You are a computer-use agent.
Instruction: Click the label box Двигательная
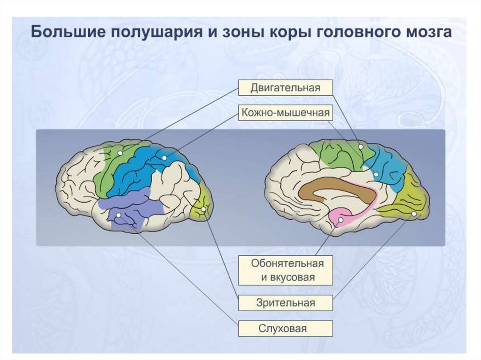point(285,88)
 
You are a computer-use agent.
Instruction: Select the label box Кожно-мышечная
point(285,113)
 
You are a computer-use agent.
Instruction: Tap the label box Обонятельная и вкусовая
point(285,270)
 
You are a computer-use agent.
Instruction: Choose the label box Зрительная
point(285,303)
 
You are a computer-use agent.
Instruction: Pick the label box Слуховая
point(285,328)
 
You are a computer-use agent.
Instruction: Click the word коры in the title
point(290,33)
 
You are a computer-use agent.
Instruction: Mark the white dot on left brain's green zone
point(120,153)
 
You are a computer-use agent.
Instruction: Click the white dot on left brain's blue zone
point(164,158)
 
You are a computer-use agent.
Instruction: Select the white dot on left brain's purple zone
point(118,215)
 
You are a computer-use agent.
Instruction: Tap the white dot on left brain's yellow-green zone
point(203,209)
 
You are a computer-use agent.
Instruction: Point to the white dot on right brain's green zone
point(361,147)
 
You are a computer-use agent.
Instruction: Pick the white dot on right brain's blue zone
point(376,175)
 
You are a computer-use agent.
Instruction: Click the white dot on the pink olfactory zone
point(341,219)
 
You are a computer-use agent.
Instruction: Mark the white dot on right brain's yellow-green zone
point(414,214)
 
